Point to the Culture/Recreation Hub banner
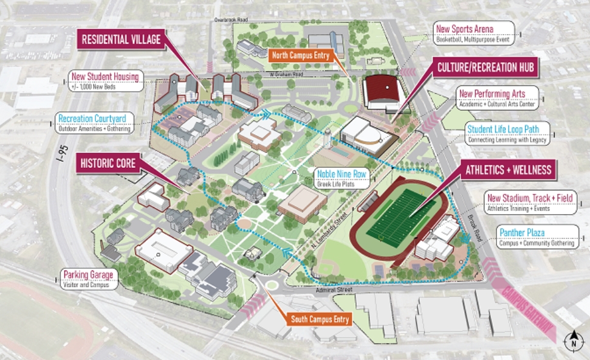click(485, 67)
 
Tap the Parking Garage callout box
click(87, 279)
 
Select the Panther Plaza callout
click(537, 237)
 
